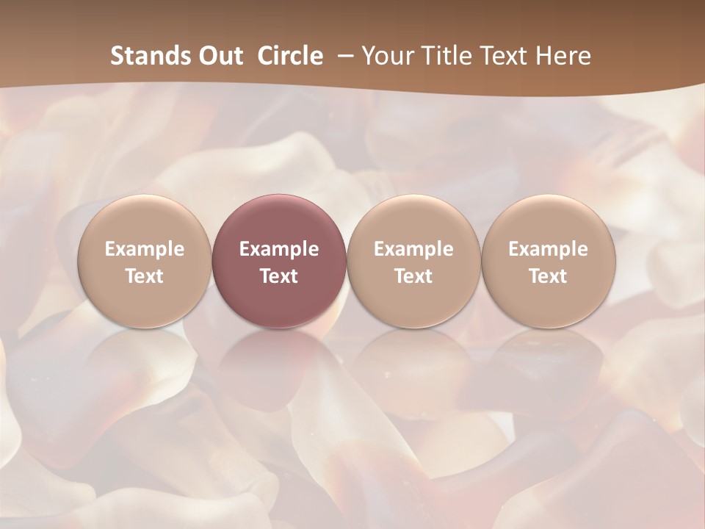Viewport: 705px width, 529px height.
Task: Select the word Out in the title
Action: pos(219,56)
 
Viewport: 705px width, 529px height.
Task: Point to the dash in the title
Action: pos(343,56)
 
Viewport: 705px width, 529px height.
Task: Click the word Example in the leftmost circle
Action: pos(145,249)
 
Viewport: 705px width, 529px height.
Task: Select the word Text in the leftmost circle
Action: pos(145,276)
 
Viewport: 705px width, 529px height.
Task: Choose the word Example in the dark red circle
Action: pos(279,249)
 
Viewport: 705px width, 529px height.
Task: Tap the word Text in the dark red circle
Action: pos(279,276)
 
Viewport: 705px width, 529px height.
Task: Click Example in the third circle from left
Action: pos(413,249)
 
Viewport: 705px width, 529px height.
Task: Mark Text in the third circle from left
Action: pos(413,276)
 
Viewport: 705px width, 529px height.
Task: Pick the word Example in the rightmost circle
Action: pos(548,249)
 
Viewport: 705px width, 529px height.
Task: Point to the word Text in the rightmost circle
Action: pos(548,276)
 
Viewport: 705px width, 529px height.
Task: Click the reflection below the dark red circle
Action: pos(279,360)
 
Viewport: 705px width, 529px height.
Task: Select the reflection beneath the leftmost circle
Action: pos(145,360)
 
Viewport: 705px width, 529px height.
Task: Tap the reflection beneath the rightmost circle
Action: pos(548,360)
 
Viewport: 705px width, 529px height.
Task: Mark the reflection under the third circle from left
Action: pos(413,360)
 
